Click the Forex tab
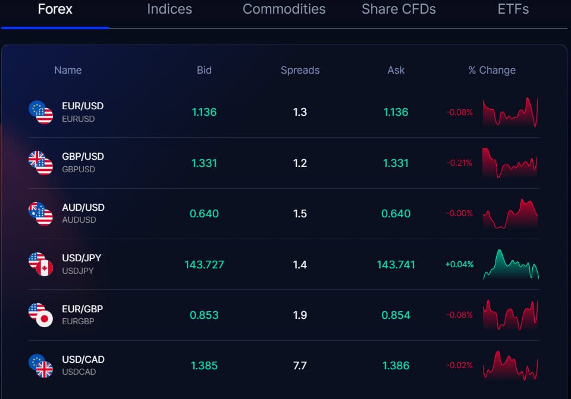click(55, 9)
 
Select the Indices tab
click(170, 9)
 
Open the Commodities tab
click(284, 9)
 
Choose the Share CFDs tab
click(399, 9)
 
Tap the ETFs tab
click(513, 9)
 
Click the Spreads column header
click(300, 70)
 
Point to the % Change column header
click(491, 70)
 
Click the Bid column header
click(204, 70)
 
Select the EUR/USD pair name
click(83, 106)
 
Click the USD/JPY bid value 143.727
click(204, 264)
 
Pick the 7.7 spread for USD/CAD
click(300, 366)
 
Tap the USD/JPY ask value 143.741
click(396, 264)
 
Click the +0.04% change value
click(459, 264)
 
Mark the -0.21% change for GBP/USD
click(459, 163)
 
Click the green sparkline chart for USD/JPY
click(510, 265)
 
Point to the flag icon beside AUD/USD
click(40, 213)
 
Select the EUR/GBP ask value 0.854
click(396, 315)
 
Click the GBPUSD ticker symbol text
click(79, 169)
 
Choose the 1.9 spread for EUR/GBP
click(300, 315)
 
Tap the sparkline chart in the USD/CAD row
click(510, 366)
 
